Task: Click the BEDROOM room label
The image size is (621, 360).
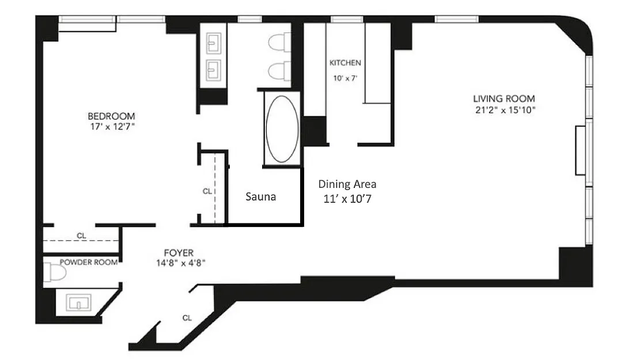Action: point(111,116)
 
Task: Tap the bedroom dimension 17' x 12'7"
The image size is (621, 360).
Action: point(112,127)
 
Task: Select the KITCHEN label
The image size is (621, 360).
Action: point(346,63)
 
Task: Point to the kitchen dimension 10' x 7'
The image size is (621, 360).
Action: point(345,78)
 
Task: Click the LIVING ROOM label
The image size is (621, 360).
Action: point(503,98)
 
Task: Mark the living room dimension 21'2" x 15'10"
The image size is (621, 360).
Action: point(505,110)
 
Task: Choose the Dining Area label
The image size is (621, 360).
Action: point(347,184)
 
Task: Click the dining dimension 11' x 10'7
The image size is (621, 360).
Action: point(347,199)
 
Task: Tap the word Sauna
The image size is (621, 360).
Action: point(260,197)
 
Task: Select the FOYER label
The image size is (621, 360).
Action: point(179,253)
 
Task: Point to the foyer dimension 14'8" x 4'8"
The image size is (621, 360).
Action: point(181,263)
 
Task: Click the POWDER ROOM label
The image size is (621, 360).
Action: point(89,262)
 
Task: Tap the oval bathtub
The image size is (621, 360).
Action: point(282,128)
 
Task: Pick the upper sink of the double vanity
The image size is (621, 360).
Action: point(214,43)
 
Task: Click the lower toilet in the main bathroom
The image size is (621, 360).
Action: point(279,71)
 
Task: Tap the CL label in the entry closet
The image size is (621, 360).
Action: point(187,318)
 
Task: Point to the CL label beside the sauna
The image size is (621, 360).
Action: point(207,191)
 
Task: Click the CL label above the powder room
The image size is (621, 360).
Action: point(81,236)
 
